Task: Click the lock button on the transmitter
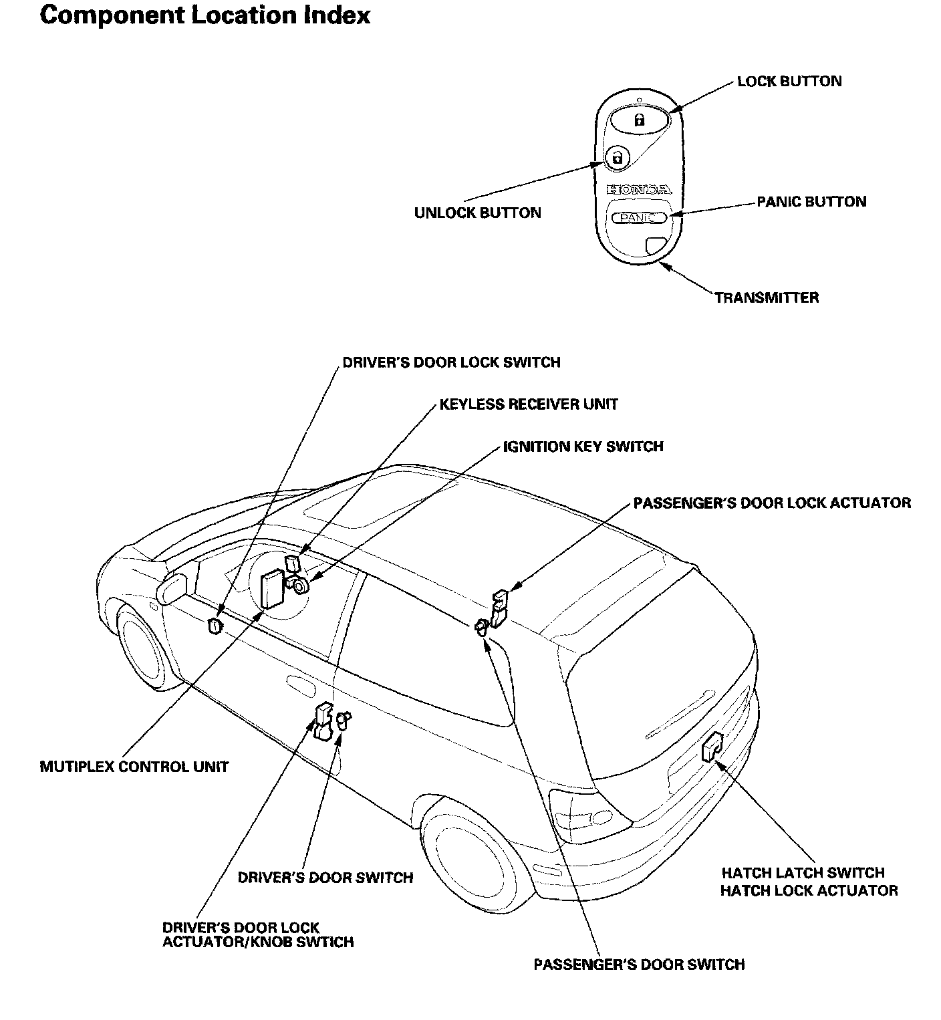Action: coord(639,120)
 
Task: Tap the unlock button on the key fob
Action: coord(617,158)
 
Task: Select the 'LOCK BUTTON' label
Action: coord(789,82)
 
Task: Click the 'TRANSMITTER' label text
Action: coord(767,297)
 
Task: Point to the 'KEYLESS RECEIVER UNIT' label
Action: coord(529,404)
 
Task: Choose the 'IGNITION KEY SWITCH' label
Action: coord(583,447)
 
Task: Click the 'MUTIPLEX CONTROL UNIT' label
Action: coord(134,767)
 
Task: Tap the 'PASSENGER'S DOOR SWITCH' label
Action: coord(639,965)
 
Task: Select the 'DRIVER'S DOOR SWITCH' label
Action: coord(325,877)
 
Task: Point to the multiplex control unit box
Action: coord(272,588)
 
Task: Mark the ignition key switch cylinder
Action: coord(300,586)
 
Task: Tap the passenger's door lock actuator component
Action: coord(499,607)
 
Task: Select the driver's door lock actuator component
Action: coord(323,722)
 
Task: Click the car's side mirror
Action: coord(172,588)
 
